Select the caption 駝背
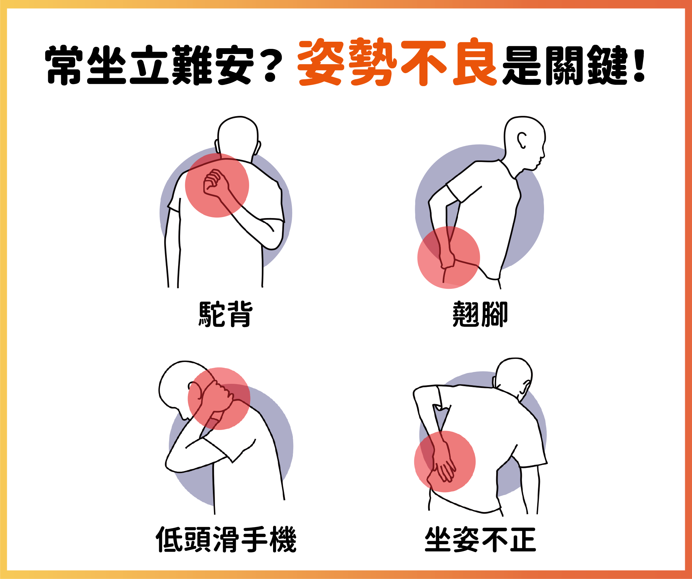pyautogui.click(x=226, y=314)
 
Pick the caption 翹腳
pyautogui.click(x=480, y=314)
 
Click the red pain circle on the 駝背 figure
pyautogui.click(x=217, y=185)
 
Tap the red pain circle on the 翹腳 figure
pyautogui.click(x=448, y=257)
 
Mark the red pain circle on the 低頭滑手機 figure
pyautogui.click(x=219, y=399)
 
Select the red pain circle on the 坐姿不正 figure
pyautogui.click(x=445, y=461)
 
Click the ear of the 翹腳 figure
pyautogui.click(x=522, y=140)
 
